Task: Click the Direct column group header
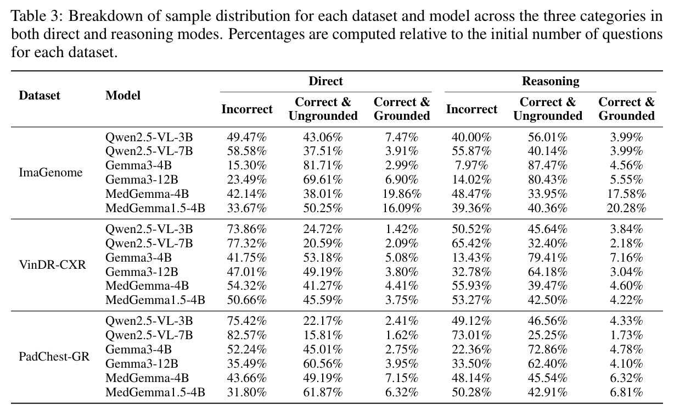pyautogui.click(x=325, y=81)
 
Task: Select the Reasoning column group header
pyautogui.click(x=551, y=81)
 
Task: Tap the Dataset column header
pyautogui.click(x=40, y=95)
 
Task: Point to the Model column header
pyautogui.click(x=123, y=95)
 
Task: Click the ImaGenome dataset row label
pyautogui.click(x=50, y=173)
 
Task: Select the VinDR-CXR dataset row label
pyautogui.click(x=52, y=264)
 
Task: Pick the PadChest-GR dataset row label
pyautogui.click(x=54, y=357)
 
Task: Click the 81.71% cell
pyautogui.click(x=323, y=165)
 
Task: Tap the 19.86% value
pyautogui.click(x=402, y=194)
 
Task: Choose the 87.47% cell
pyautogui.click(x=548, y=165)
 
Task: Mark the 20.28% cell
pyautogui.click(x=626, y=208)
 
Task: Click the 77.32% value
pyautogui.click(x=247, y=243)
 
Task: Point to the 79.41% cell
pyautogui.click(x=548, y=258)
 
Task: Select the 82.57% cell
pyautogui.click(x=247, y=335)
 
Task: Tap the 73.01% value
pyautogui.click(x=471, y=335)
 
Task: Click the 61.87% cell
pyautogui.click(x=323, y=392)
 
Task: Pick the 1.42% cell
pyautogui.click(x=402, y=229)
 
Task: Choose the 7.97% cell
pyautogui.click(x=471, y=165)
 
